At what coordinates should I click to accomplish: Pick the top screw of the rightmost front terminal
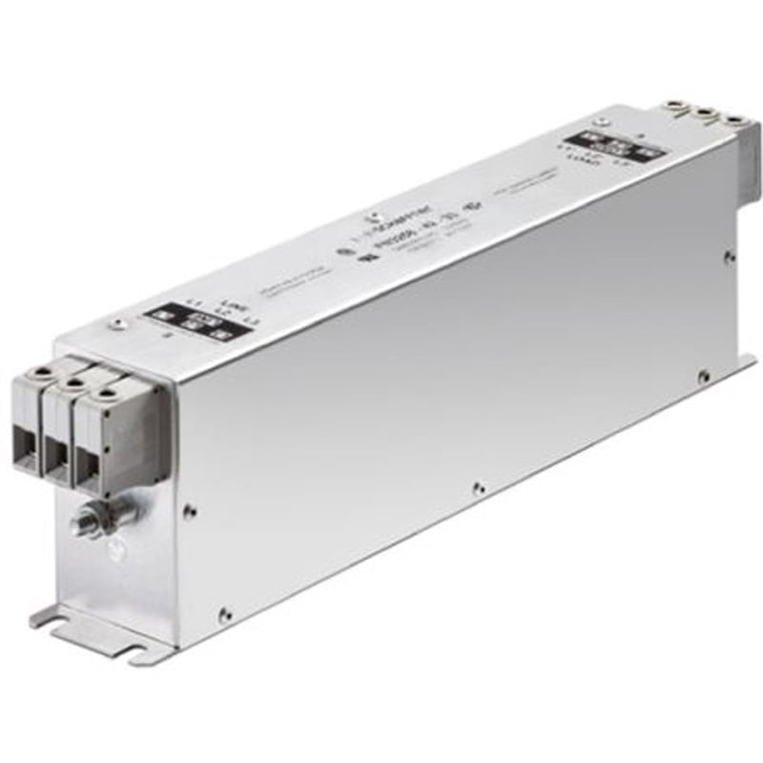(107, 392)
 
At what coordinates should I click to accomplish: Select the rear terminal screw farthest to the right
(734, 121)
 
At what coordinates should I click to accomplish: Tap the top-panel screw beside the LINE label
(117, 324)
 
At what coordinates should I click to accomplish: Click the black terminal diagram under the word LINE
(196, 322)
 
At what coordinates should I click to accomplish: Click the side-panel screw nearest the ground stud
(190, 510)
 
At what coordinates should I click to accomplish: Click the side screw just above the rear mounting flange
(704, 378)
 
